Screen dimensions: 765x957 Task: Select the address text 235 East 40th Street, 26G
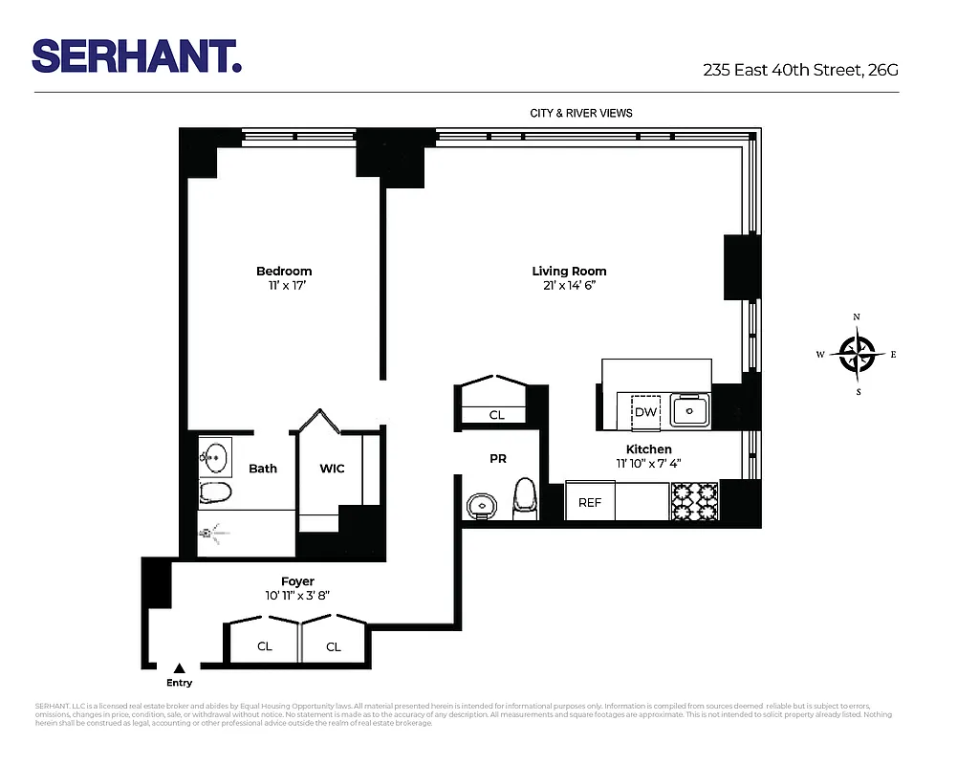(800, 70)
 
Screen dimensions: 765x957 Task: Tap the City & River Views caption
(581, 113)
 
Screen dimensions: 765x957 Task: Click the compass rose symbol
(858, 354)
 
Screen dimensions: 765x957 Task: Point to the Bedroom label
(283, 272)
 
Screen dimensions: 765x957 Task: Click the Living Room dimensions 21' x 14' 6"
(570, 285)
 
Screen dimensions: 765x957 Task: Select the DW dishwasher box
(646, 412)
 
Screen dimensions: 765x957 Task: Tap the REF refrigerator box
(590, 502)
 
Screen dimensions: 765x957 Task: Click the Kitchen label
(648, 449)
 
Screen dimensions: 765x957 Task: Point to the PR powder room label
(497, 459)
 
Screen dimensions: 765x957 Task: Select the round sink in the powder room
(481, 505)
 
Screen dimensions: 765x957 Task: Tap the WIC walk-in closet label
(332, 469)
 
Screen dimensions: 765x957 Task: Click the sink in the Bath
(217, 456)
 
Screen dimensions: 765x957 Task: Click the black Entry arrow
(179, 668)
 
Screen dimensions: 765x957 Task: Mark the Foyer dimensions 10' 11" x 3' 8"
(297, 596)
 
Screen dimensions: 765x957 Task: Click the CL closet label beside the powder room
(496, 415)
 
